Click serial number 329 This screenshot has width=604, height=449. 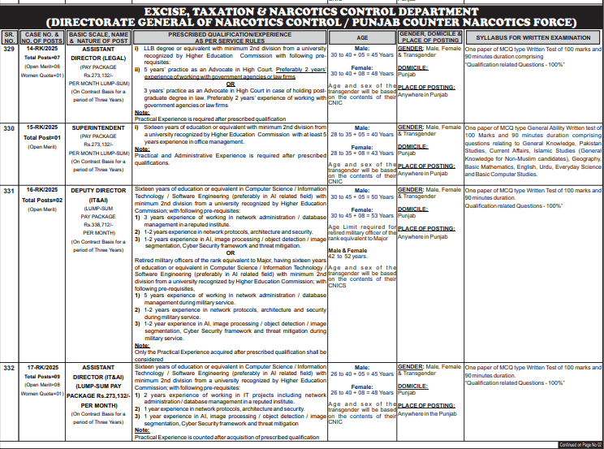click(x=9, y=49)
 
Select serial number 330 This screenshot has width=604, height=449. click(x=9, y=128)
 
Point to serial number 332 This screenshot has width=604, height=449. click(x=9, y=346)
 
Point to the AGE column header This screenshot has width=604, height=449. click(x=361, y=37)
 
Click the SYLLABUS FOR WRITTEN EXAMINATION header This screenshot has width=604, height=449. click(x=532, y=37)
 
